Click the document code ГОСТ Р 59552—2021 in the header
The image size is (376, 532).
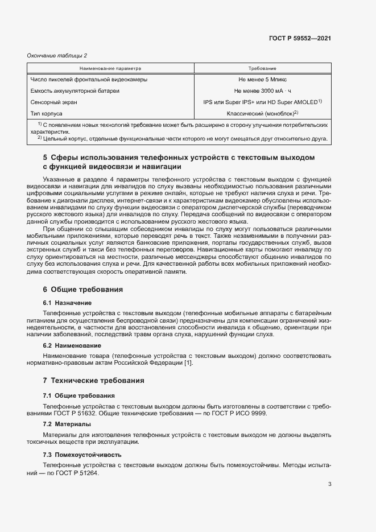[x=300, y=38]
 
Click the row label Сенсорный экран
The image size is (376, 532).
[x=53, y=102]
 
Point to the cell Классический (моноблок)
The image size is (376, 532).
[x=261, y=114]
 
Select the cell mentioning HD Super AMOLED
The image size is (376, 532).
[x=262, y=102]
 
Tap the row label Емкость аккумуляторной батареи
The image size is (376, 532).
[x=75, y=91]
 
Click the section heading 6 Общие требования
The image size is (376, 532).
[x=83, y=289]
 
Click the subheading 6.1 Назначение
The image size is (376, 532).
[x=67, y=303]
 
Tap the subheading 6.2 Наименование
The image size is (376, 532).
[x=72, y=345]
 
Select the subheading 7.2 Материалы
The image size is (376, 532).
[x=67, y=424]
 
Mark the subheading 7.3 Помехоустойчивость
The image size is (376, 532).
[x=81, y=455]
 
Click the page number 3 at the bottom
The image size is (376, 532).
[x=329, y=485]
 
